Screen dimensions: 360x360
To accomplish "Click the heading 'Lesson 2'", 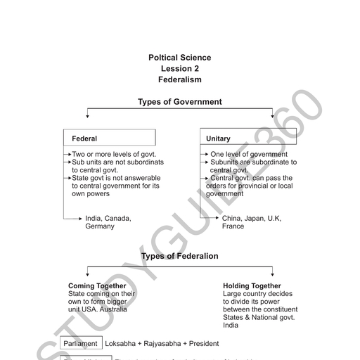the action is click(180, 69).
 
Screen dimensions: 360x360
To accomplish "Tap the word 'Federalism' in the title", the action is click(180, 80).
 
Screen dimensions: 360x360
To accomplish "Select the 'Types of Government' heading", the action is click(180, 102).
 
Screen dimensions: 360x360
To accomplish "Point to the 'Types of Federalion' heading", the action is click(180, 256).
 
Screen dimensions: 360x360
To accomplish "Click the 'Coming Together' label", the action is click(97, 286).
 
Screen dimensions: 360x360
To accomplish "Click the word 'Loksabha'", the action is click(121, 343).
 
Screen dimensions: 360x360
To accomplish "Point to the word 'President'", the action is click(203, 343).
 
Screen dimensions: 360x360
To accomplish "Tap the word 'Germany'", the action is click(100, 227).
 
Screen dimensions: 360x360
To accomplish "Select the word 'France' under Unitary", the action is click(233, 227).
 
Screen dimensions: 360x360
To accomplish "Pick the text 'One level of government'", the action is click(249, 154).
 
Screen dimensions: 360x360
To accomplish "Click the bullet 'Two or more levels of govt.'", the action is click(114, 154).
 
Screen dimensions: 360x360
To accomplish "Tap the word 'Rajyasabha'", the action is click(163, 343).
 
